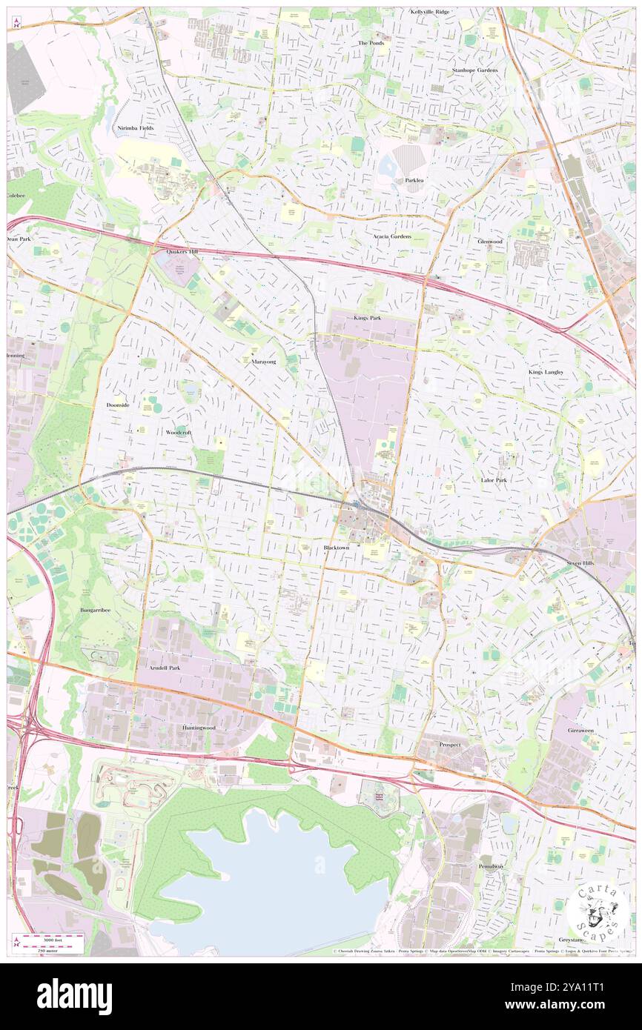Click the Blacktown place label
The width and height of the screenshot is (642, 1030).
tap(336, 547)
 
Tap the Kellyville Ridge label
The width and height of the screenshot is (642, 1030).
tap(430, 12)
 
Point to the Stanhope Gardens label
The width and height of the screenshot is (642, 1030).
tap(475, 70)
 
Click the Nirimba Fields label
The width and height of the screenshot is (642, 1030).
tap(136, 128)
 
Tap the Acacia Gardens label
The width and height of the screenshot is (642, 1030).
tap(391, 236)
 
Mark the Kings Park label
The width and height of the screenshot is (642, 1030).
tap(367, 318)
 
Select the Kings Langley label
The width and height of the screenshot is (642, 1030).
tap(546, 371)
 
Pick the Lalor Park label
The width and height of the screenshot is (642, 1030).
tap(494, 480)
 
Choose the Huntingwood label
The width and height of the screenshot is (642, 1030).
tap(199, 728)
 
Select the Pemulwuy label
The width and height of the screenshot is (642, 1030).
tap(491, 865)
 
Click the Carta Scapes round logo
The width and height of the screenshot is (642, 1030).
tap(598, 913)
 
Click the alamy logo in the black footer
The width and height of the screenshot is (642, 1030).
tap(74, 996)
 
